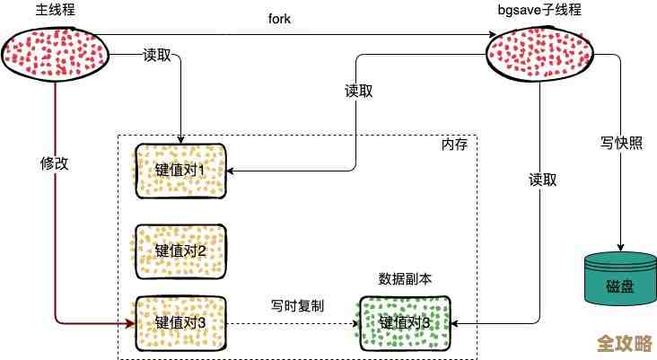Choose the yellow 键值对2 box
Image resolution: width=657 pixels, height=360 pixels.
point(180,250)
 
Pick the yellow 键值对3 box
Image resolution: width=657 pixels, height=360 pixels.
point(180,322)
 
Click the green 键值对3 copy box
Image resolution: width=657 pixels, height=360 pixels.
point(404,322)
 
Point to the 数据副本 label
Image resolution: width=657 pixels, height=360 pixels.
point(405,279)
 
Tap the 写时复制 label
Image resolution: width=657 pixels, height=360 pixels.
point(297,306)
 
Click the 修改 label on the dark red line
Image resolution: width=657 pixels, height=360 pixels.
point(55,163)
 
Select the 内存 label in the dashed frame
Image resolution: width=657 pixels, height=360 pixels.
point(454,145)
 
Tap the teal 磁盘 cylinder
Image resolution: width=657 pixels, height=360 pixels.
point(618,278)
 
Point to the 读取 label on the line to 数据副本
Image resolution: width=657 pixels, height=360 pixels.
point(543,180)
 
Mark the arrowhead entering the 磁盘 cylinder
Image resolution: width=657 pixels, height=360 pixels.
point(618,248)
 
